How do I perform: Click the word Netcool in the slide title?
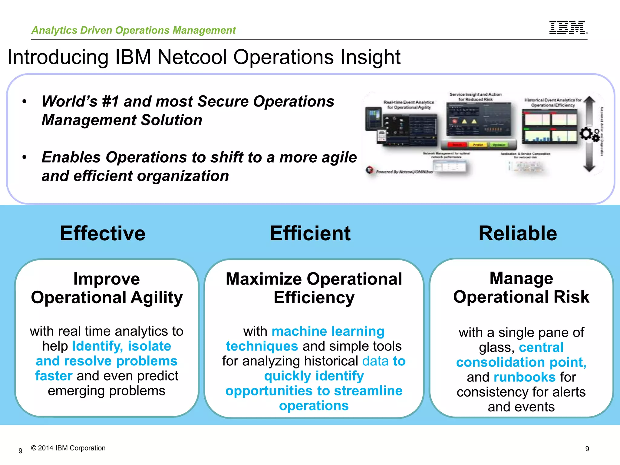192,57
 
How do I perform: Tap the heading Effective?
103,233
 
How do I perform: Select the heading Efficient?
310,233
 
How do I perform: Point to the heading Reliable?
518,233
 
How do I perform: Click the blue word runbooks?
524,377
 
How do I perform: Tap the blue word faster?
54,376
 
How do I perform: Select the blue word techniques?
262,346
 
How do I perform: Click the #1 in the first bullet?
110,101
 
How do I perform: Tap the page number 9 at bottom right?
587,449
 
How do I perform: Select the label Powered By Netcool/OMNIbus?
404,172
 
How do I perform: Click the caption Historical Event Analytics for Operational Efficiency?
552,103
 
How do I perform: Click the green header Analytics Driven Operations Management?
134,30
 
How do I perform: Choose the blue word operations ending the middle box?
314,406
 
